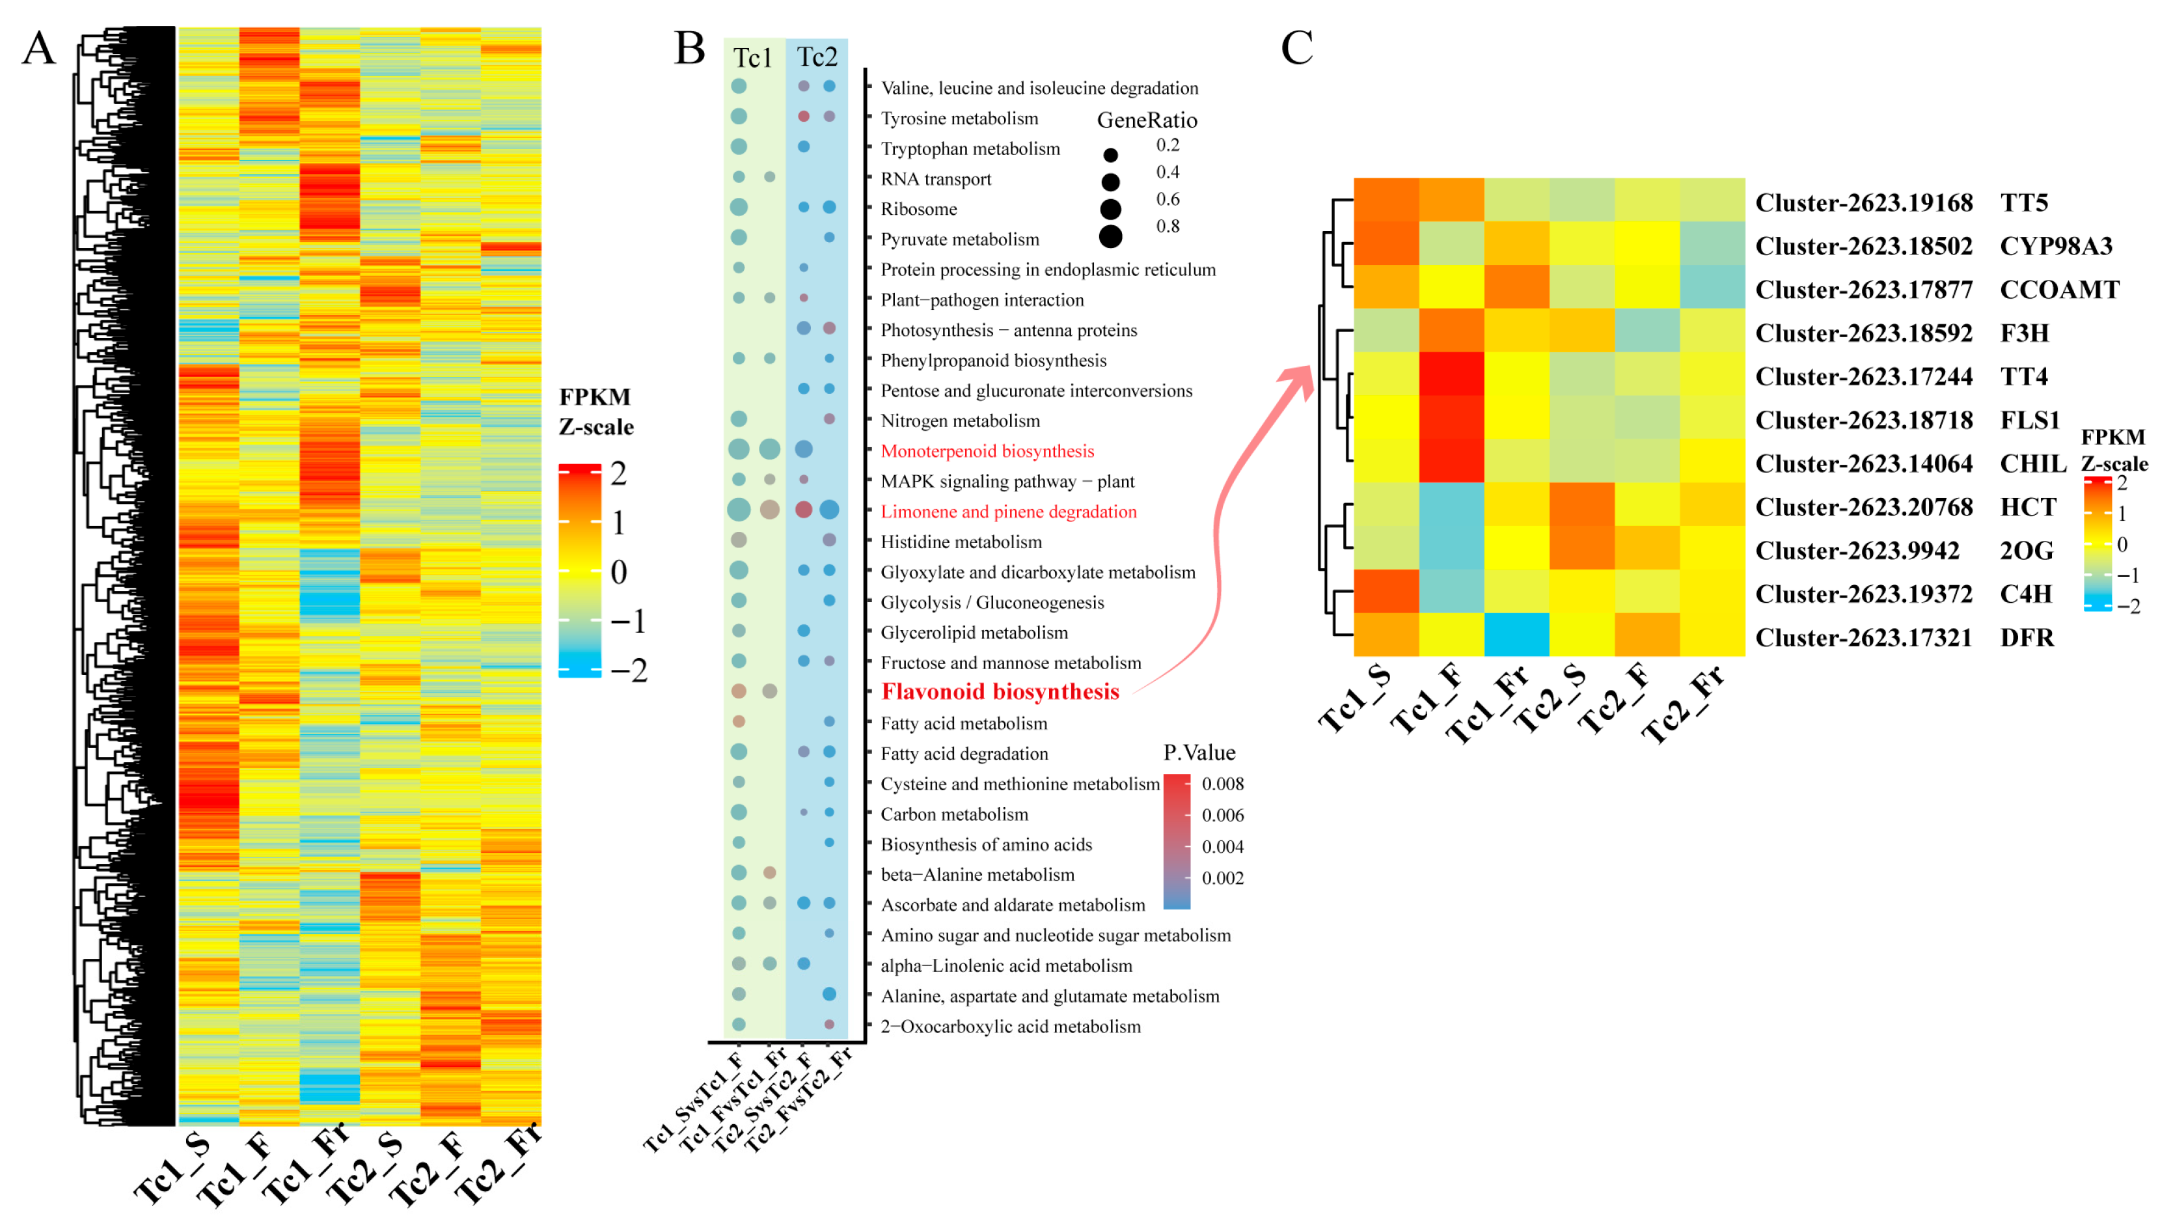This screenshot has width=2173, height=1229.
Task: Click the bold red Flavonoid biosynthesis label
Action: pyautogui.click(x=1000, y=691)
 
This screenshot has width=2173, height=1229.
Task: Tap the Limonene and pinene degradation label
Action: pyautogui.click(x=1009, y=512)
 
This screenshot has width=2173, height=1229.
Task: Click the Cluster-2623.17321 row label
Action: pyautogui.click(x=1863, y=637)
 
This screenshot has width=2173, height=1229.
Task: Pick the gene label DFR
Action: pyautogui.click(x=2027, y=637)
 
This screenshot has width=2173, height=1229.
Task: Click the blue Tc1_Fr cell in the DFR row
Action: pyautogui.click(x=1516, y=635)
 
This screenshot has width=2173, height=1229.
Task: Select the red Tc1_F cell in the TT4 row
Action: pyautogui.click(x=1451, y=374)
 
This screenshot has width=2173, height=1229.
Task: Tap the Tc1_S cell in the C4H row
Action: pyautogui.click(x=1386, y=591)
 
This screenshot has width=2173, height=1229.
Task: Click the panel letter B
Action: pyautogui.click(x=689, y=48)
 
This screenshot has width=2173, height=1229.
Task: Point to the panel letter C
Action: pyautogui.click(x=1296, y=48)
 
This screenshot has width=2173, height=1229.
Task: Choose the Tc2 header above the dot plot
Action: pyautogui.click(x=817, y=57)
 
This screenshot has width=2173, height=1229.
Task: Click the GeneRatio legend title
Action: pyautogui.click(x=1147, y=120)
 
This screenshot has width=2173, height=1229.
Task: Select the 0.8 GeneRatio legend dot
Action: pyautogui.click(x=1110, y=236)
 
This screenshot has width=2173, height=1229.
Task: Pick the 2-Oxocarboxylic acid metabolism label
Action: pyautogui.click(x=1010, y=1027)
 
